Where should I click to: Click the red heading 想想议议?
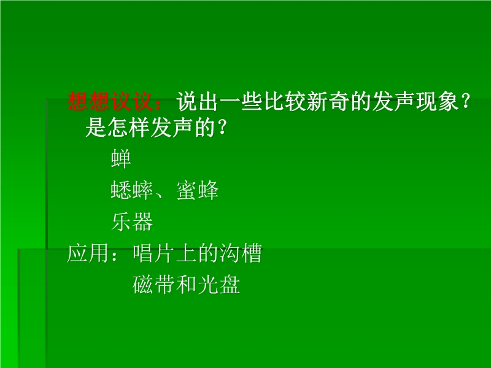[x=110, y=101]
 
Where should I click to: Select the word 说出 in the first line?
[x=197, y=101]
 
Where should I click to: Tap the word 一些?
[x=241, y=101]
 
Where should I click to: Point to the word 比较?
[x=285, y=101]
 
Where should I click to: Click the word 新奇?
[x=328, y=101]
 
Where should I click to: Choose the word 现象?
[x=438, y=101]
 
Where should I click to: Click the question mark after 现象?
[x=465, y=102]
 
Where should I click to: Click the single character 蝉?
[x=121, y=159]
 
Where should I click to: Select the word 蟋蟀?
[x=132, y=190]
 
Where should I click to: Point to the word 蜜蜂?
[x=198, y=190]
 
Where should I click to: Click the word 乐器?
[x=132, y=221]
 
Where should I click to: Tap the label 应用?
[x=88, y=253]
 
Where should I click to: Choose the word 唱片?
[x=153, y=253]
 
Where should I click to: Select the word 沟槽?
[x=241, y=253]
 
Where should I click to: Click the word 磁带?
[x=153, y=284]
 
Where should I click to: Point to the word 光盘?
[x=219, y=284]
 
